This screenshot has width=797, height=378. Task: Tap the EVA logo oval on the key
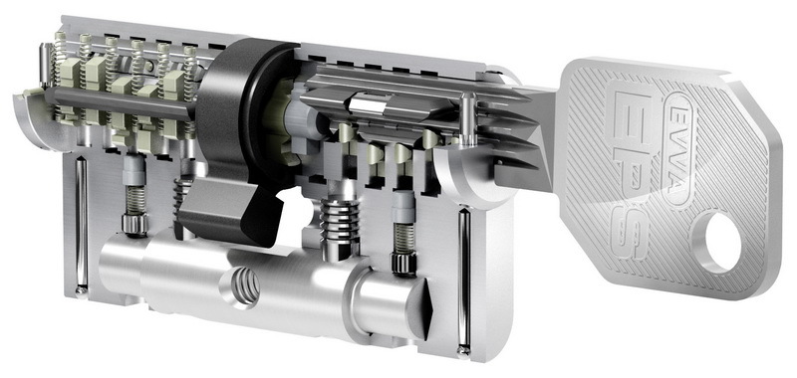679,147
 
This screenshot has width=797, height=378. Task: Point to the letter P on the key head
632,175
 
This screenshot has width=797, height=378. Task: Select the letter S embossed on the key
632,230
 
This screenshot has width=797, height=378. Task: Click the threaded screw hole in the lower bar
244,286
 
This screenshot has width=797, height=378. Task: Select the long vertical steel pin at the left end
81,225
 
